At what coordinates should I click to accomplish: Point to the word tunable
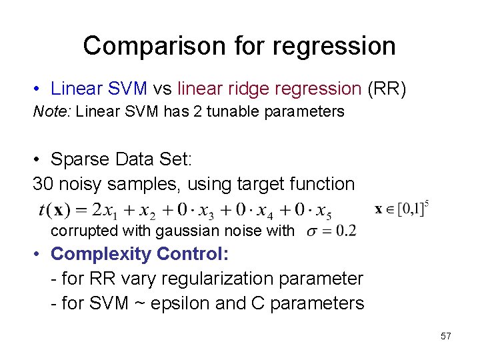click(234, 111)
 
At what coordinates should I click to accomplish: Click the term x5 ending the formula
click(323, 211)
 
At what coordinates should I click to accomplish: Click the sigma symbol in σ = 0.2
click(312, 231)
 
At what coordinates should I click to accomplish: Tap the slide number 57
click(445, 336)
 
